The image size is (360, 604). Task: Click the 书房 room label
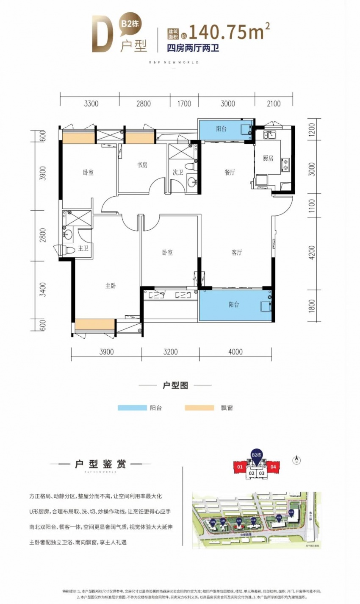click(142, 165)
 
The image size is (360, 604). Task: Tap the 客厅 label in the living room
click(237, 253)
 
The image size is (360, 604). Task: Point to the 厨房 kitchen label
click(268, 158)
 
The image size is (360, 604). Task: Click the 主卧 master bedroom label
click(111, 286)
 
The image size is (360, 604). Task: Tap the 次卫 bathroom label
click(178, 173)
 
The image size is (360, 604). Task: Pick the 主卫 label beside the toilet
click(83, 248)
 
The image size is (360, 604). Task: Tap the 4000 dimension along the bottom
click(235, 351)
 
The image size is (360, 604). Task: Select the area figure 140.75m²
click(229, 31)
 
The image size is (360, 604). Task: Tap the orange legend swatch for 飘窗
click(199, 408)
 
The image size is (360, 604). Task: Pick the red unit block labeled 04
click(273, 467)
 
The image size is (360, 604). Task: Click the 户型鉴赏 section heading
click(100, 464)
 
